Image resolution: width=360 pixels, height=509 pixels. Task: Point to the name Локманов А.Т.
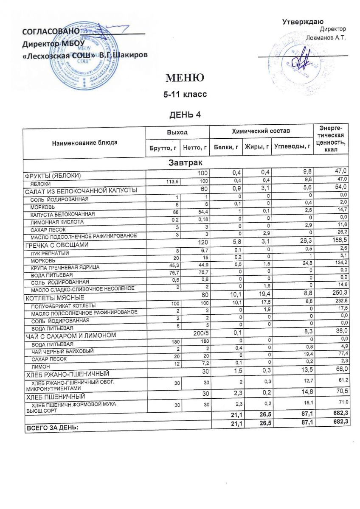coord(326,38)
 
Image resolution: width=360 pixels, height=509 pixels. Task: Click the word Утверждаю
coord(304,22)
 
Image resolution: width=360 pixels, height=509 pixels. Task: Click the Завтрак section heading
coord(185,162)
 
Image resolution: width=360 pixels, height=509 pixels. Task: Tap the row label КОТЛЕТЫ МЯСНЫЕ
coord(55,298)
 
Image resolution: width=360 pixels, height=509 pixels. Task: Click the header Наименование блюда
coord(84,143)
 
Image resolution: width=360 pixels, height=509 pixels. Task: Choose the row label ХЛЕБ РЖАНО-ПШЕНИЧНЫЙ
coord(68,374)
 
